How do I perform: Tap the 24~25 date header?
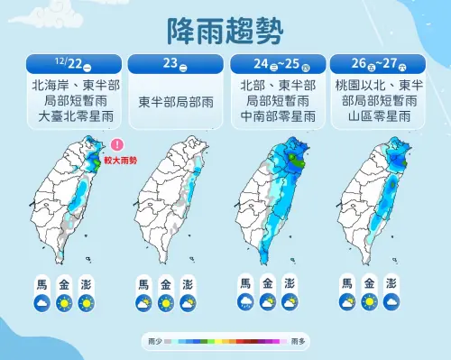point(276,64)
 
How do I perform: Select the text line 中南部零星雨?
point(276,117)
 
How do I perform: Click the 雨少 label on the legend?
point(152,342)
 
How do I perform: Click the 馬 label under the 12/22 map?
point(42,284)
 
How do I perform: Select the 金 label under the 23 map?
point(165,284)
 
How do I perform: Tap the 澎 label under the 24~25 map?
point(289,284)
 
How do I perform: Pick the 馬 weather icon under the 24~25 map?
point(245,303)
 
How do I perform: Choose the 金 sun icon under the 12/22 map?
point(64,303)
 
